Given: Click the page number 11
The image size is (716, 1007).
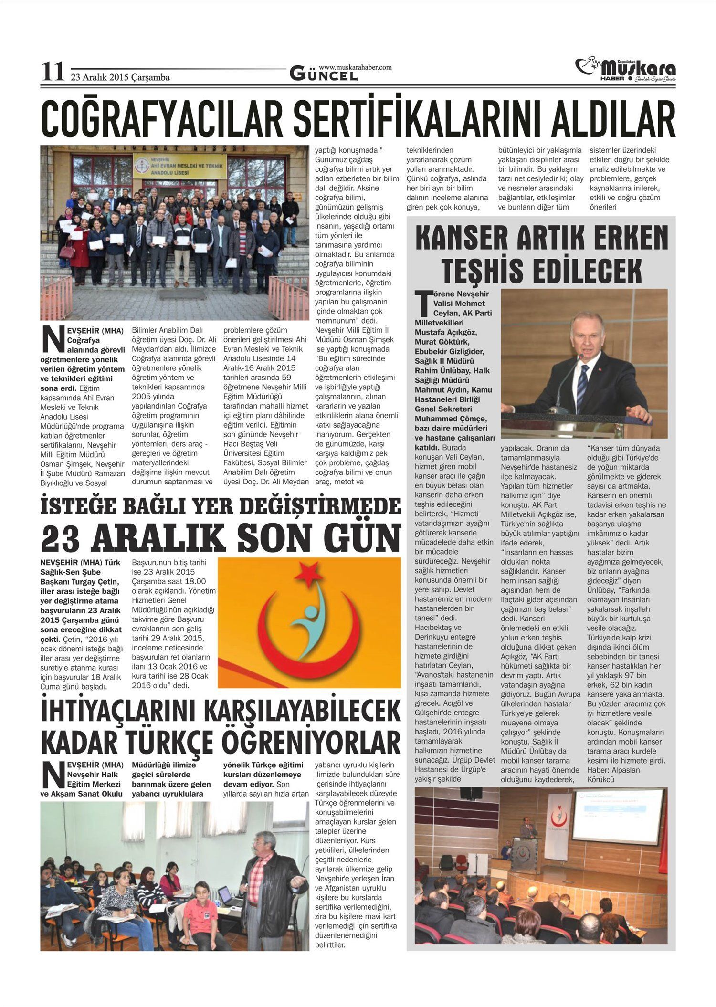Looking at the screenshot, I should [x=53, y=72].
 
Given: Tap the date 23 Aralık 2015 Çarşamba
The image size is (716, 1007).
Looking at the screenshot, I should [x=120, y=77].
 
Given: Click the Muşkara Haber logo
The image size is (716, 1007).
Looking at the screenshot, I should [x=625, y=70].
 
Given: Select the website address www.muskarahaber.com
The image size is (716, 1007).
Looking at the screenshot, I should [x=355, y=67].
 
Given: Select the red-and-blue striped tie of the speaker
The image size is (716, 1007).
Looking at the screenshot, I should [x=582, y=382].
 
